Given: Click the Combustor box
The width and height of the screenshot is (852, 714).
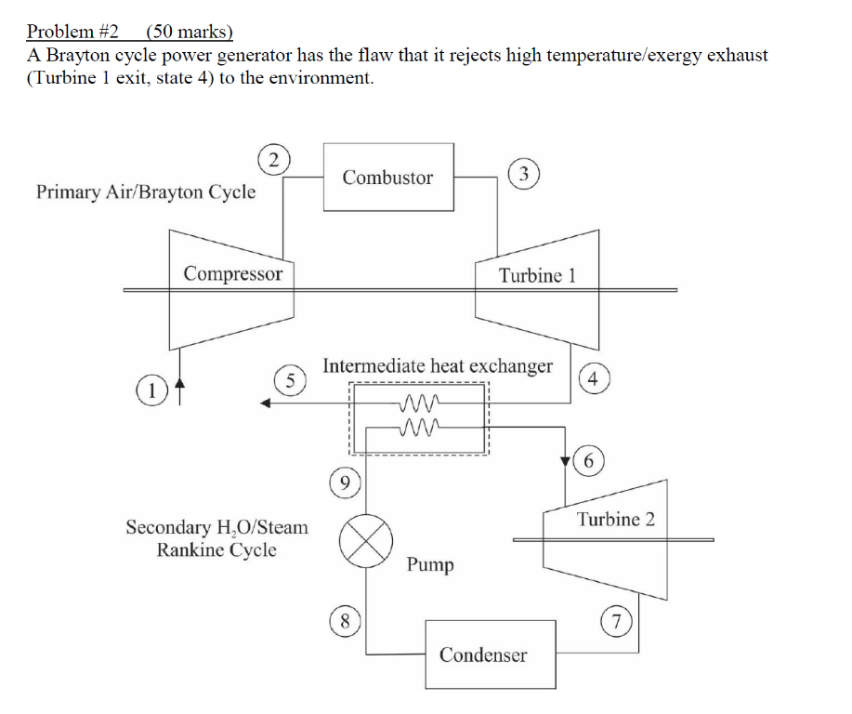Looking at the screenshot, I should coord(388,178).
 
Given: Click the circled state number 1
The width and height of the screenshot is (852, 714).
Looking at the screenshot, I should coord(149,390).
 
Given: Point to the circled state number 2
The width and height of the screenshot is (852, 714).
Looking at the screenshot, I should coord(270,160).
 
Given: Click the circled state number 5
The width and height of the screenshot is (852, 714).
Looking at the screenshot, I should coord(290,379).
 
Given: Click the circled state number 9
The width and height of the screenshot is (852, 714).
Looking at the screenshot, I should coord(345,483).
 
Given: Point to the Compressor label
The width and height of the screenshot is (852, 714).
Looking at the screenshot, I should coord(232,273).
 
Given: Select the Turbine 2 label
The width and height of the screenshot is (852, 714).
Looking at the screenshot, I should coord(615,519).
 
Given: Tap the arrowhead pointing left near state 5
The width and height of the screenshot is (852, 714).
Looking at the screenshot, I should coord(266,403).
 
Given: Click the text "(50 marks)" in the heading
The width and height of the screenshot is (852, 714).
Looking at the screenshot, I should coord(190,32).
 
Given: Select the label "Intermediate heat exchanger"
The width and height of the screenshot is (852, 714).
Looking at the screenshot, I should coord(437,366).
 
